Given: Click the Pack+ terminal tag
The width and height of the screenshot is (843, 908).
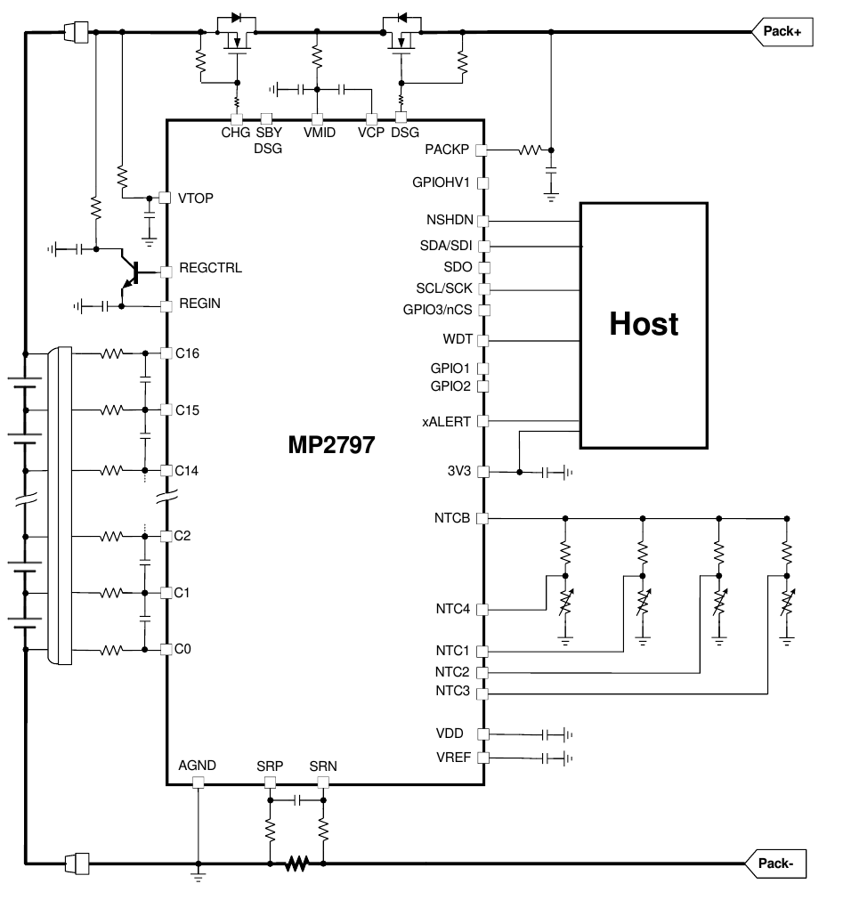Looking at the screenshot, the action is (x=782, y=32).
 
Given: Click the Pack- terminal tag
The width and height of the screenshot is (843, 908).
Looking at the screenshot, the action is (x=775, y=864).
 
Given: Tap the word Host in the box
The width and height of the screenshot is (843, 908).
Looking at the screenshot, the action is (x=644, y=323).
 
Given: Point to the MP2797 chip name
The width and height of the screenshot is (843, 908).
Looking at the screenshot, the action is (x=331, y=445).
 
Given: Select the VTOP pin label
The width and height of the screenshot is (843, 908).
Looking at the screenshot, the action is (x=196, y=198).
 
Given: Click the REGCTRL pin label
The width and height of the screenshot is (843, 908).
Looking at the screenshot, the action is (x=210, y=268).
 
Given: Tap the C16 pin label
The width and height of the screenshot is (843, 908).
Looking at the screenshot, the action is (x=187, y=353).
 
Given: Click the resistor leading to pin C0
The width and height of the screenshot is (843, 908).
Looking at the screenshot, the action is (x=111, y=650).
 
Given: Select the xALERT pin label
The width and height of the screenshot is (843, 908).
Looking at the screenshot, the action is (x=446, y=422).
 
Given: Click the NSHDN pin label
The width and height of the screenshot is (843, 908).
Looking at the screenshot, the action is (x=450, y=220).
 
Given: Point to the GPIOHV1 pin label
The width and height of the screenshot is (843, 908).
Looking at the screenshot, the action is (x=441, y=182).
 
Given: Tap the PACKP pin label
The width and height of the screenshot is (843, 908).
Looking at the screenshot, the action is (x=447, y=150).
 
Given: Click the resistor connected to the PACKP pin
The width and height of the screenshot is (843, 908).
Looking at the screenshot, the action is (x=530, y=150).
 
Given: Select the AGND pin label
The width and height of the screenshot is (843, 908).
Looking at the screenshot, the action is (x=197, y=765).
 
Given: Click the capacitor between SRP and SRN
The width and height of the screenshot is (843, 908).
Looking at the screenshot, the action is (x=297, y=800).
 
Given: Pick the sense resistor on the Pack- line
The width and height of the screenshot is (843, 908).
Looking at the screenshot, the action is (x=296, y=864).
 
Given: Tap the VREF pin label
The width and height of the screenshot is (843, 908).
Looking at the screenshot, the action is (x=453, y=758).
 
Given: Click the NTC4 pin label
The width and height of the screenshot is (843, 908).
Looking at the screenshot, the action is (x=453, y=609).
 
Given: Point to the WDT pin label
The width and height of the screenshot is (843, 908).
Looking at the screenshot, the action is (x=458, y=339).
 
